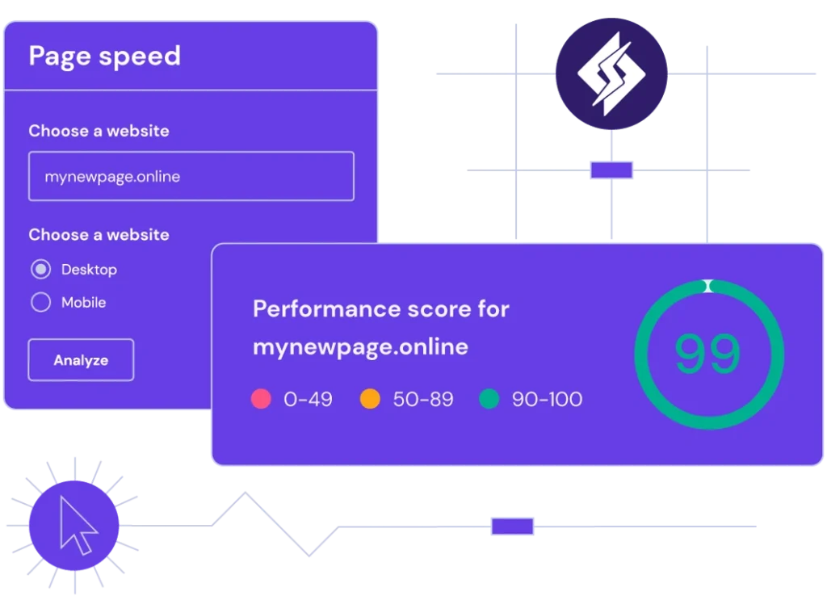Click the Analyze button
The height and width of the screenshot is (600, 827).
tap(81, 359)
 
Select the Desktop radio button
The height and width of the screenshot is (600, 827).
tap(40, 269)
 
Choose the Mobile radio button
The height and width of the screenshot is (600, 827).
tap(40, 302)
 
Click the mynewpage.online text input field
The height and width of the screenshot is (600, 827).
tap(191, 176)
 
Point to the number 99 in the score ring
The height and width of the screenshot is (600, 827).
tap(707, 353)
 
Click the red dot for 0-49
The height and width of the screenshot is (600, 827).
tap(261, 399)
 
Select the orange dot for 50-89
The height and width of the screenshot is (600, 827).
tap(370, 399)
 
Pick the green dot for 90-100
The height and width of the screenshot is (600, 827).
tap(489, 399)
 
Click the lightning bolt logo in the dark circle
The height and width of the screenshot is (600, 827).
tap(611, 73)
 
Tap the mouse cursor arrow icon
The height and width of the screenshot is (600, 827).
tap(77, 525)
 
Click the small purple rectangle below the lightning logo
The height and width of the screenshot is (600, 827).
tap(611, 170)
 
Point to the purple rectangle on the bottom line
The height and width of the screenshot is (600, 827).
tap(512, 527)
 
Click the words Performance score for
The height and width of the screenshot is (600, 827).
tap(381, 309)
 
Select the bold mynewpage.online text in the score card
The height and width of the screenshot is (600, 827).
tap(360, 347)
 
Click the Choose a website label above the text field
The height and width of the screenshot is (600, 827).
tap(99, 131)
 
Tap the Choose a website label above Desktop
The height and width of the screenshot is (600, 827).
tap(99, 235)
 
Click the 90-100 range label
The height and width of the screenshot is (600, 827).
tap(547, 399)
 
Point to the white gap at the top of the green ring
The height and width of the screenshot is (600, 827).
tap(708, 286)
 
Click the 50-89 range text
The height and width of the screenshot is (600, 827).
tap(423, 399)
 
